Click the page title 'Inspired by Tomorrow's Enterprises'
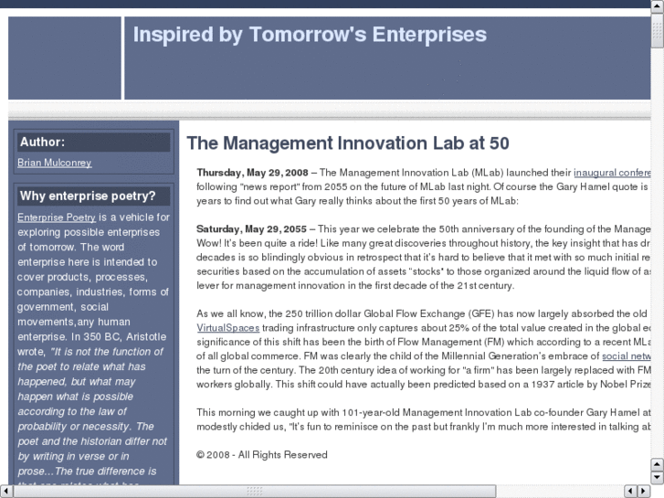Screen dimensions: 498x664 pos(310,36)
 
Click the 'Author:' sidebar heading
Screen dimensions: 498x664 pos(43,143)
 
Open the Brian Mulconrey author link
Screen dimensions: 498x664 pos(55,163)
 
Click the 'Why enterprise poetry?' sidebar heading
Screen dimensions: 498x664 pos(88,196)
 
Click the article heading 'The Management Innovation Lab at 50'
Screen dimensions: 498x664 pos(348,143)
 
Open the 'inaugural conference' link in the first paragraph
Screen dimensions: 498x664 pos(612,173)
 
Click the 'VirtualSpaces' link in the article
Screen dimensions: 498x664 pos(228,327)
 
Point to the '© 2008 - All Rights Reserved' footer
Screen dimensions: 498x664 pos(261,454)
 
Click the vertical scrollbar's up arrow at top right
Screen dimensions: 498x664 pos(657,7)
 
